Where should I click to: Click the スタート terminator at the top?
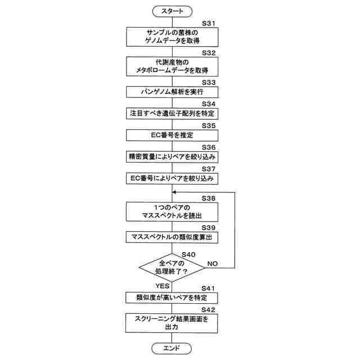point(172,11)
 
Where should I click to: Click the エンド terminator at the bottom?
point(172,348)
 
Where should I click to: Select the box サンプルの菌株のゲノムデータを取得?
point(172,37)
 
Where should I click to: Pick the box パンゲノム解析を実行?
point(172,92)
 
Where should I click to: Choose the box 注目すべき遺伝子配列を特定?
point(172,113)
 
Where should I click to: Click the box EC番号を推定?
point(172,135)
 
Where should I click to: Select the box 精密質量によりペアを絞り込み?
point(172,156)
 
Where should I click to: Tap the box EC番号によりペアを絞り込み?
point(172,178)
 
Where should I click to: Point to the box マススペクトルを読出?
point(172,212)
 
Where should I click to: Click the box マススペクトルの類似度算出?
point(172,237)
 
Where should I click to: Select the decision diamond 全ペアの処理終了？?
point(172,267)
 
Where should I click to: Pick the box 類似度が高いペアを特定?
point(172,297)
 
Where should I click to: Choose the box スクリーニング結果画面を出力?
point(172,322)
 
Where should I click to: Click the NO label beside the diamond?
point(213,263)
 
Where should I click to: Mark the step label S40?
point(188,254)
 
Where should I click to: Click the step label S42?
point(209,309)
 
